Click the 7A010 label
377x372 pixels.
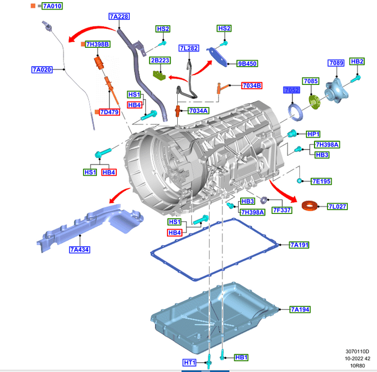49,6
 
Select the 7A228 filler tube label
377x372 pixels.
118,17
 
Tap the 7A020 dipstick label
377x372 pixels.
41,70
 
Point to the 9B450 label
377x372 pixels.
247,63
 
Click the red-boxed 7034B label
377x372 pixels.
252,85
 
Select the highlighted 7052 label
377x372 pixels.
291,90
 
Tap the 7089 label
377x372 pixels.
336,63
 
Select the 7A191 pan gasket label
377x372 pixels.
299,245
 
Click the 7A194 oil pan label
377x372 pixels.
299,310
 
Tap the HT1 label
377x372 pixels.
190,363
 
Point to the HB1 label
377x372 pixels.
241,357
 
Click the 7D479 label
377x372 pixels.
109,112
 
